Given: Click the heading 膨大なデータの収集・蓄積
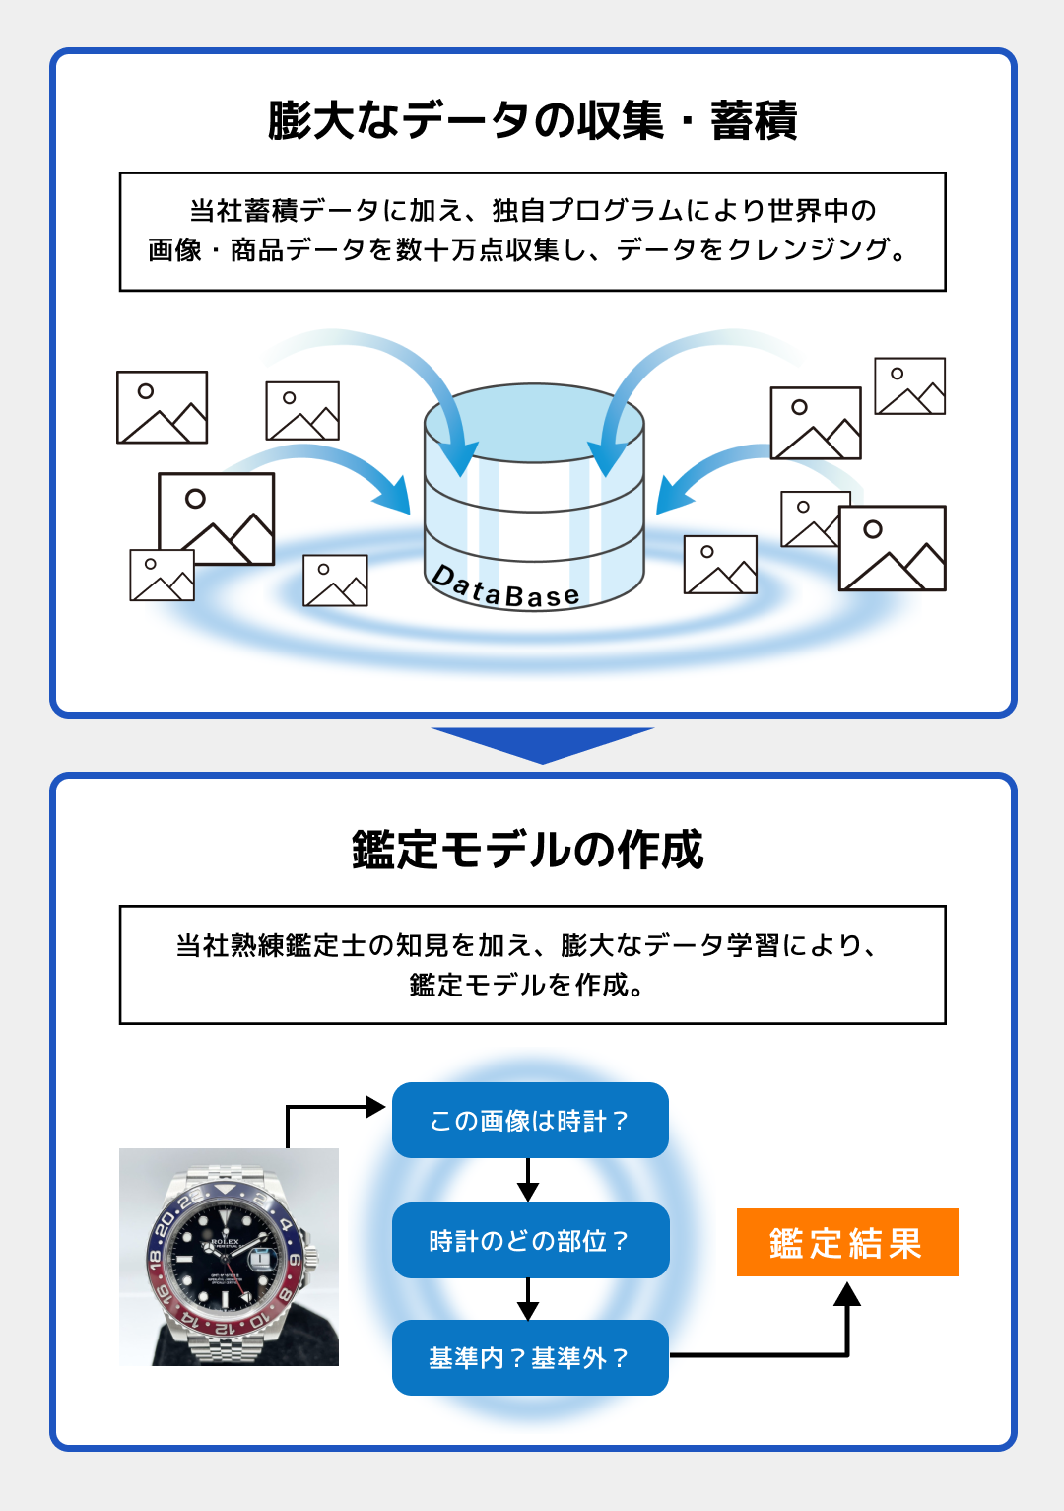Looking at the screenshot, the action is coord(532,121).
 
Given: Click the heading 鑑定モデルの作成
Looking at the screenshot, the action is coord(528,850).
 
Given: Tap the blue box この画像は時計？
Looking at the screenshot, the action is coord(530,1121).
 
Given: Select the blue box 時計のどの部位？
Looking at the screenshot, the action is coord(531,1241).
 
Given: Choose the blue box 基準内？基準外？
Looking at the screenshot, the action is coord(530,1358).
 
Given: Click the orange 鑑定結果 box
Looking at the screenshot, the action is coord(847,1243).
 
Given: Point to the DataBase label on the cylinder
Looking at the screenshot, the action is coord(505,587).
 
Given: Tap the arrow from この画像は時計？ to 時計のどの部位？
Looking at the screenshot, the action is coord(528,1180).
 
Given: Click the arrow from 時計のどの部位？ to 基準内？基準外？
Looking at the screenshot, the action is coord(528,1299).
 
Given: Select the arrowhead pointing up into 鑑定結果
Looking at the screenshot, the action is coord(847,1294).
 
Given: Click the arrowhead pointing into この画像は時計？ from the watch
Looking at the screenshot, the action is coord(375,1106).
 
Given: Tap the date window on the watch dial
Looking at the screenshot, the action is coord(261,1260).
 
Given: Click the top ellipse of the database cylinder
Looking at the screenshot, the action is coord(534,423).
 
